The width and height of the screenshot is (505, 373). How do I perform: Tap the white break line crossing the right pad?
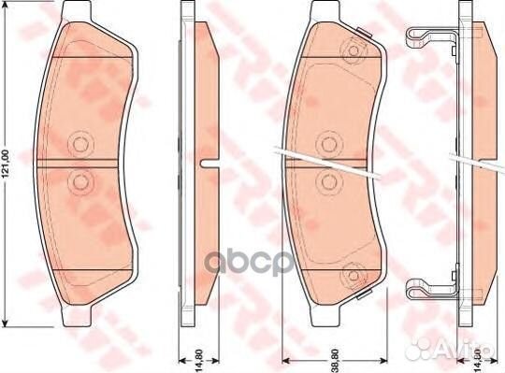click(327, 161)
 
